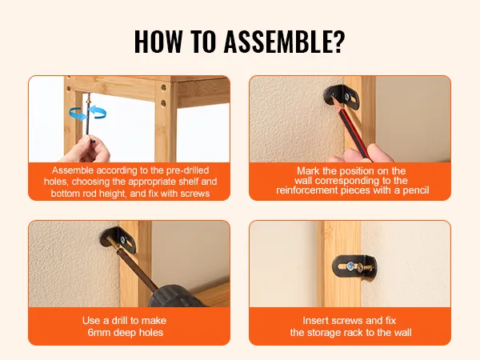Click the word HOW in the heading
[x=158, y=42]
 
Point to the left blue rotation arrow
[x=78, y=113]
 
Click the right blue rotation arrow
[x=98, y=112]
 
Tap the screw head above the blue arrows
[x=89, y=100]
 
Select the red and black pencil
[x=351, y=129]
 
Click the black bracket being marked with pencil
[x=342, y=98]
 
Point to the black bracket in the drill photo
[x=118, y=240]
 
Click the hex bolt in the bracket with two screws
[x=349, y=266]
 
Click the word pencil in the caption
[x=416, y=190]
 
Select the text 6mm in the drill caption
[x=98, y=333]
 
